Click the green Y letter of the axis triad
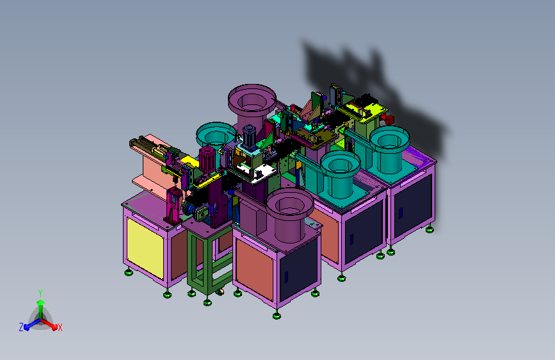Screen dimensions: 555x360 click(x=40, y=293)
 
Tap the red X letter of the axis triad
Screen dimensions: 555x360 click(x=60, y=327)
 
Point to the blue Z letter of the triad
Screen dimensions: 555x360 click(x=21, y=327)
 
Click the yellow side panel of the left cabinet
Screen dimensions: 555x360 click(x=145, y=248)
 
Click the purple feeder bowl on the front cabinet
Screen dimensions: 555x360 click(x=289, y=215)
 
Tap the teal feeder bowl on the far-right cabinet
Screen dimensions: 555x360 click(x=389, y=149)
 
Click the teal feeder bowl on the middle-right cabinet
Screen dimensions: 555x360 click(x=340, y=174)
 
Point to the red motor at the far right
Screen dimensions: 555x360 click(x=388, y=119)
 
